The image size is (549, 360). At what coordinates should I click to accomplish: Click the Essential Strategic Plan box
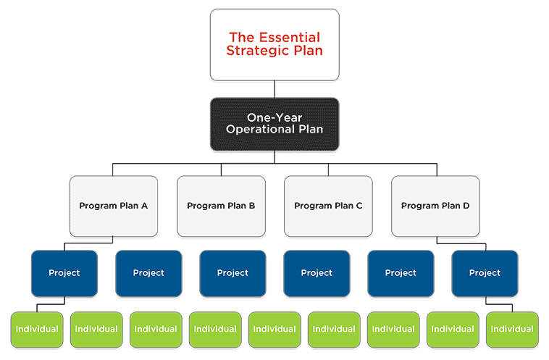(x=274, y=45)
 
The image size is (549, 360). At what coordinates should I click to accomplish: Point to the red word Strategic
(x=259, y=51)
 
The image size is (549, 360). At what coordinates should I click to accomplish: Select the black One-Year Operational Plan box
(x=274, y=125)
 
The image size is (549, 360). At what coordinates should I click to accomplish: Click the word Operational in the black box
(x=261, y=130)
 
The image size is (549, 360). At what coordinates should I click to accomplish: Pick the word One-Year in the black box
(x=274, y=117)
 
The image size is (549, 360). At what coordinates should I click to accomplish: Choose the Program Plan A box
(x=114, y=206)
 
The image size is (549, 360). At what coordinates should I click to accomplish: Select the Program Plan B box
(x=221, y=206)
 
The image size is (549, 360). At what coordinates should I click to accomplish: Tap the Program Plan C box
(x=328, y=206)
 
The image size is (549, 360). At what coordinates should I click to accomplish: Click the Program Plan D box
(x=435, y=206)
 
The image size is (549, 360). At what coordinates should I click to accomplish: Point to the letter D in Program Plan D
(x=466, y=206)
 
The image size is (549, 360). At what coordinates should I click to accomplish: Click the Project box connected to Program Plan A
(x=64, y=274)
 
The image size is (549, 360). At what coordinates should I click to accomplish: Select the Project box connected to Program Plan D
(x=485, y=274)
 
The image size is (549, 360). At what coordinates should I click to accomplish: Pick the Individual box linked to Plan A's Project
(x=37, y=330)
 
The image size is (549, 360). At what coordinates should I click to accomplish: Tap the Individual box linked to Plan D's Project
(x=512, y=330)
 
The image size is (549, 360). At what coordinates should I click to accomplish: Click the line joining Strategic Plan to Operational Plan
(x=274, y=89)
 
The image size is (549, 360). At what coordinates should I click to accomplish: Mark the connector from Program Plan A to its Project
(x=88, y=243)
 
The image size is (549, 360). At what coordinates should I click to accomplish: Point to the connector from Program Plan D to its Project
(x=461, y=243)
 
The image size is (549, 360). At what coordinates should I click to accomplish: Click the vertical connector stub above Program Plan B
(x=222, y=169)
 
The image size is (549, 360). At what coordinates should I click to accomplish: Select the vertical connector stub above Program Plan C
(x=328, y=169)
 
